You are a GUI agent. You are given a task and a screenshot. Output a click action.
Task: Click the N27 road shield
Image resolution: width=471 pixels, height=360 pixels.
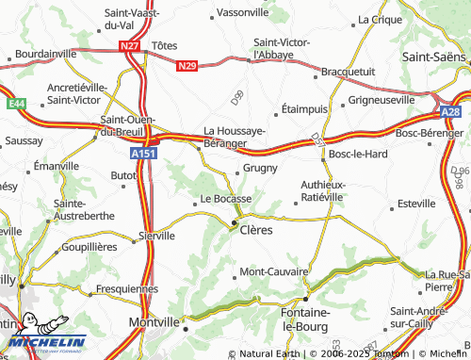(x=129, y=44)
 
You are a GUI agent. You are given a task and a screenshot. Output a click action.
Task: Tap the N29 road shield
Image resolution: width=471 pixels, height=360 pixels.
(x=187, y=66)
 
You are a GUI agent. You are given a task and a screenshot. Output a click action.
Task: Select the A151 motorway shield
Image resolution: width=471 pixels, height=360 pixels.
(x=143, y=150)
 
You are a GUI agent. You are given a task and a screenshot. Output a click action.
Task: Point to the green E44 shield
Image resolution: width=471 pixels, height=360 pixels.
(x=16, y=102)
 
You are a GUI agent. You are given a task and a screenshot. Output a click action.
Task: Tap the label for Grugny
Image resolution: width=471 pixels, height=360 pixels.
(x=260, y=168)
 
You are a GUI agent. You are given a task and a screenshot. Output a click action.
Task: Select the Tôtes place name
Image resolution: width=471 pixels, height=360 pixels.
(x=164, y=45)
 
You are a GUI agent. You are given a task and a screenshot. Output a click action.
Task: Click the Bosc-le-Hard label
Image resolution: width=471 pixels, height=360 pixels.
(x=359, y=154)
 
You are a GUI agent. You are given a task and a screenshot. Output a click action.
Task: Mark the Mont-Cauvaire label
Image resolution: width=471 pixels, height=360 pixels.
(x=274, y=271)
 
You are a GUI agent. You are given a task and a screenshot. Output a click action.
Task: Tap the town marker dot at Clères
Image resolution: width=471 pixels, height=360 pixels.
(x=235, y=222)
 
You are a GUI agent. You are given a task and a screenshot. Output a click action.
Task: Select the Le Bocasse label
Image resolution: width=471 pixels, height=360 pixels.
(x=226, y=199)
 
